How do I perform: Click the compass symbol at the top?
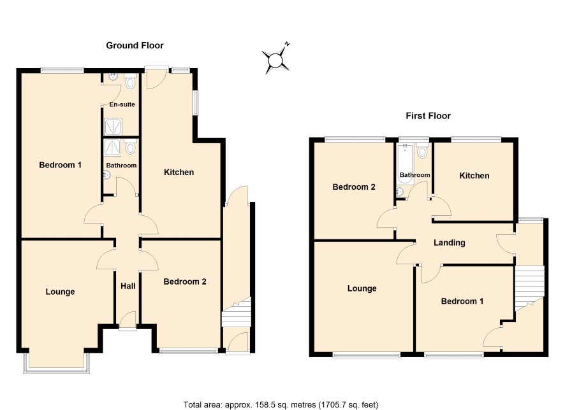(x=276, y=59)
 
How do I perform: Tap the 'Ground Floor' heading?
(x=135, y=45)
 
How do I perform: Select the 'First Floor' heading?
(x=428, y=116)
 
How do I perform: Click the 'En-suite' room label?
(x=122, y=104)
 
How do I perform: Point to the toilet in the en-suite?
(x=130, y=81)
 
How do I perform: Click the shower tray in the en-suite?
(x=113, y=127)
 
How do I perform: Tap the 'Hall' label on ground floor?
(x=128, y=286)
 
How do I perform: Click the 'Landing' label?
(x=450, y=243)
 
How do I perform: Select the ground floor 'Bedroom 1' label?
(x=60, y=165)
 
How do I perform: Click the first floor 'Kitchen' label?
(x=474, y=176)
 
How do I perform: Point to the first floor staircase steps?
(x=529, y=288)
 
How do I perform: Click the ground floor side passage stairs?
(x=236, y=312)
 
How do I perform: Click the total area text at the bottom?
(x=281, y=405)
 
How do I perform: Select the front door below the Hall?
(x=128, y=320)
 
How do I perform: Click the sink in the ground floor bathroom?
(x=106, y=175)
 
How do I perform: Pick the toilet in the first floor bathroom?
(x=422, y=151)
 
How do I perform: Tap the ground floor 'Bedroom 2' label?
(x=185, y=281)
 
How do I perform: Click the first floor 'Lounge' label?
(x=362, y=288)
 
